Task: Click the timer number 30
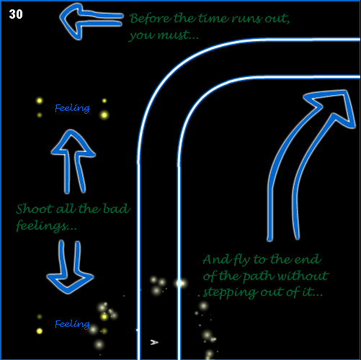[16, 14]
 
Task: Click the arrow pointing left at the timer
[92, 20]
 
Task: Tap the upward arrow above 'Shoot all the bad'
[73, 161]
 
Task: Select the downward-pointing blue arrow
[70, 267]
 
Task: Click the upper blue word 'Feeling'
[72, 108]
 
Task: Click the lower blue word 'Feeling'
[72, 324]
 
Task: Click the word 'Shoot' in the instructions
[35, 209]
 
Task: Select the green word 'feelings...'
[46, 226]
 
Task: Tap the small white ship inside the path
[154, 342]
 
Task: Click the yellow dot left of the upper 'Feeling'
[40, 101]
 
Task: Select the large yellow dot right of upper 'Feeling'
[104, 115]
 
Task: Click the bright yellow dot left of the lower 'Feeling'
[40, 331]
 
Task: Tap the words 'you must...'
[164, 35]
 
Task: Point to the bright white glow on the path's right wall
[181, 283]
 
